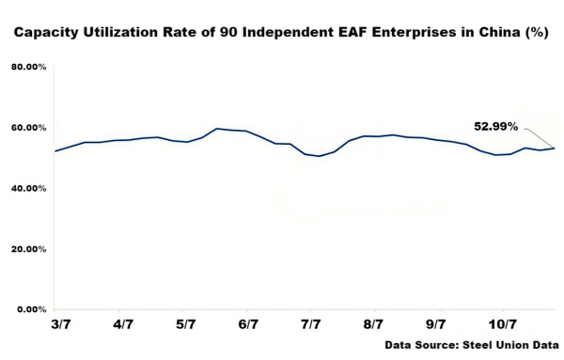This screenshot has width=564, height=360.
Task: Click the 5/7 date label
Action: click(x=185, y=324)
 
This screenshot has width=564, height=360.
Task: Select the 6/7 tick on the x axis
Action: click(x=248, y=324)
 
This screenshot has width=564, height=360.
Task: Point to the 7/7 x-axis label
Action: click(x=311, y=324)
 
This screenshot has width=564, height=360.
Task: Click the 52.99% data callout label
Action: click(x=495, y=126)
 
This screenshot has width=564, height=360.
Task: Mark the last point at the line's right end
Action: click(x=555, y=148)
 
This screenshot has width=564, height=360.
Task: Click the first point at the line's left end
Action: click(x=55, y=150)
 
